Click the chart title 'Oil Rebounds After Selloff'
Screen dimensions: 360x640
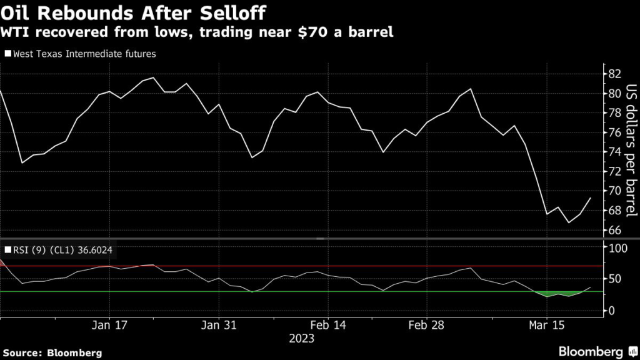point(132,12)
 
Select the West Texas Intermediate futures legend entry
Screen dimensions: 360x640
point(81,54)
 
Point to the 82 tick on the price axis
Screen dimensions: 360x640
point(614,74)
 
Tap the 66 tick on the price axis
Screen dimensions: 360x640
point(614,231)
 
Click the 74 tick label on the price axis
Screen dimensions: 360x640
point(614,152)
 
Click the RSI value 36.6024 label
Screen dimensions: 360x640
point(94,250)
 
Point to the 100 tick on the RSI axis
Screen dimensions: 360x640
point(617,249)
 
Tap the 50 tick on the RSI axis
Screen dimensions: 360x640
point(614,279)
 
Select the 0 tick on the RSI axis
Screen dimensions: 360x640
point(612,311)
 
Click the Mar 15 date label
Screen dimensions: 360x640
point(546,326)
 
